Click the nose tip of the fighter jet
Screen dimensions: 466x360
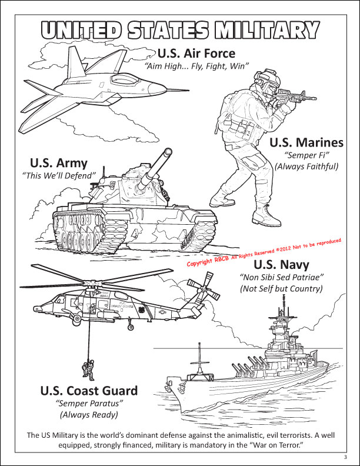(x=189, y=89)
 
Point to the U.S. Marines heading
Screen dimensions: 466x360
(x=306, y=143)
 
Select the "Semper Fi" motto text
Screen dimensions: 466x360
(x=306, y=155)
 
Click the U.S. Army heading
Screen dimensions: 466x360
(x=58, y=163)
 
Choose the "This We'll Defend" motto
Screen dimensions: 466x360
(x=58, y=175)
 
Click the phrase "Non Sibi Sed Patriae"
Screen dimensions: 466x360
(x=281, y=277)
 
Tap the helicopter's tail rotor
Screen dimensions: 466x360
(x=204, y=289)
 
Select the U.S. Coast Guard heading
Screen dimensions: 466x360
(x=89, y=391)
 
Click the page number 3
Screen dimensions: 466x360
(x=346, y=457)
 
